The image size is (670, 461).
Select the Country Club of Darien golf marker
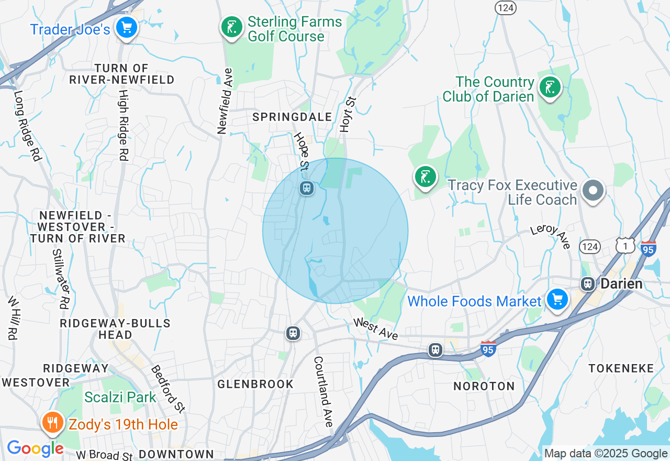(x=550, y=87)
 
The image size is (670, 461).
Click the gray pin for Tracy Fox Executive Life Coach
(x=593, y=190)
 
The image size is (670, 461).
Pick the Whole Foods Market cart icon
(x=557, y=300)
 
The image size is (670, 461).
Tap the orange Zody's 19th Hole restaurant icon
(x=52, y=422)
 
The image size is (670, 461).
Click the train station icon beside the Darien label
(x=588, y=284)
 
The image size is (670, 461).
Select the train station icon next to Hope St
(x=307, y=188)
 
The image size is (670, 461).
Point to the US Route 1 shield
(x=625, y=246)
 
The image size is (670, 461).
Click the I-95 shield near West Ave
(x=488, y=348)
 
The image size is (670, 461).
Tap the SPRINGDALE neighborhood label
(x=292, y=117)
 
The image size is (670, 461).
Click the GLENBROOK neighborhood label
(x=255, y=384)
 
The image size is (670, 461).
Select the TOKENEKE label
(x=621, y=368)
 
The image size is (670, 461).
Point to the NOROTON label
(x=484, y=386)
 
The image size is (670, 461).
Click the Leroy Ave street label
(x=550, y=237)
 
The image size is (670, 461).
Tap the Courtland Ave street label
(x=323, y=391)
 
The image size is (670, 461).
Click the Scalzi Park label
(x=120, y=397)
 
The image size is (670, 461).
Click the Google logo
(x=35, y=448)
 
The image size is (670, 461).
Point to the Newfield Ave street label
(x=225, y=101)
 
